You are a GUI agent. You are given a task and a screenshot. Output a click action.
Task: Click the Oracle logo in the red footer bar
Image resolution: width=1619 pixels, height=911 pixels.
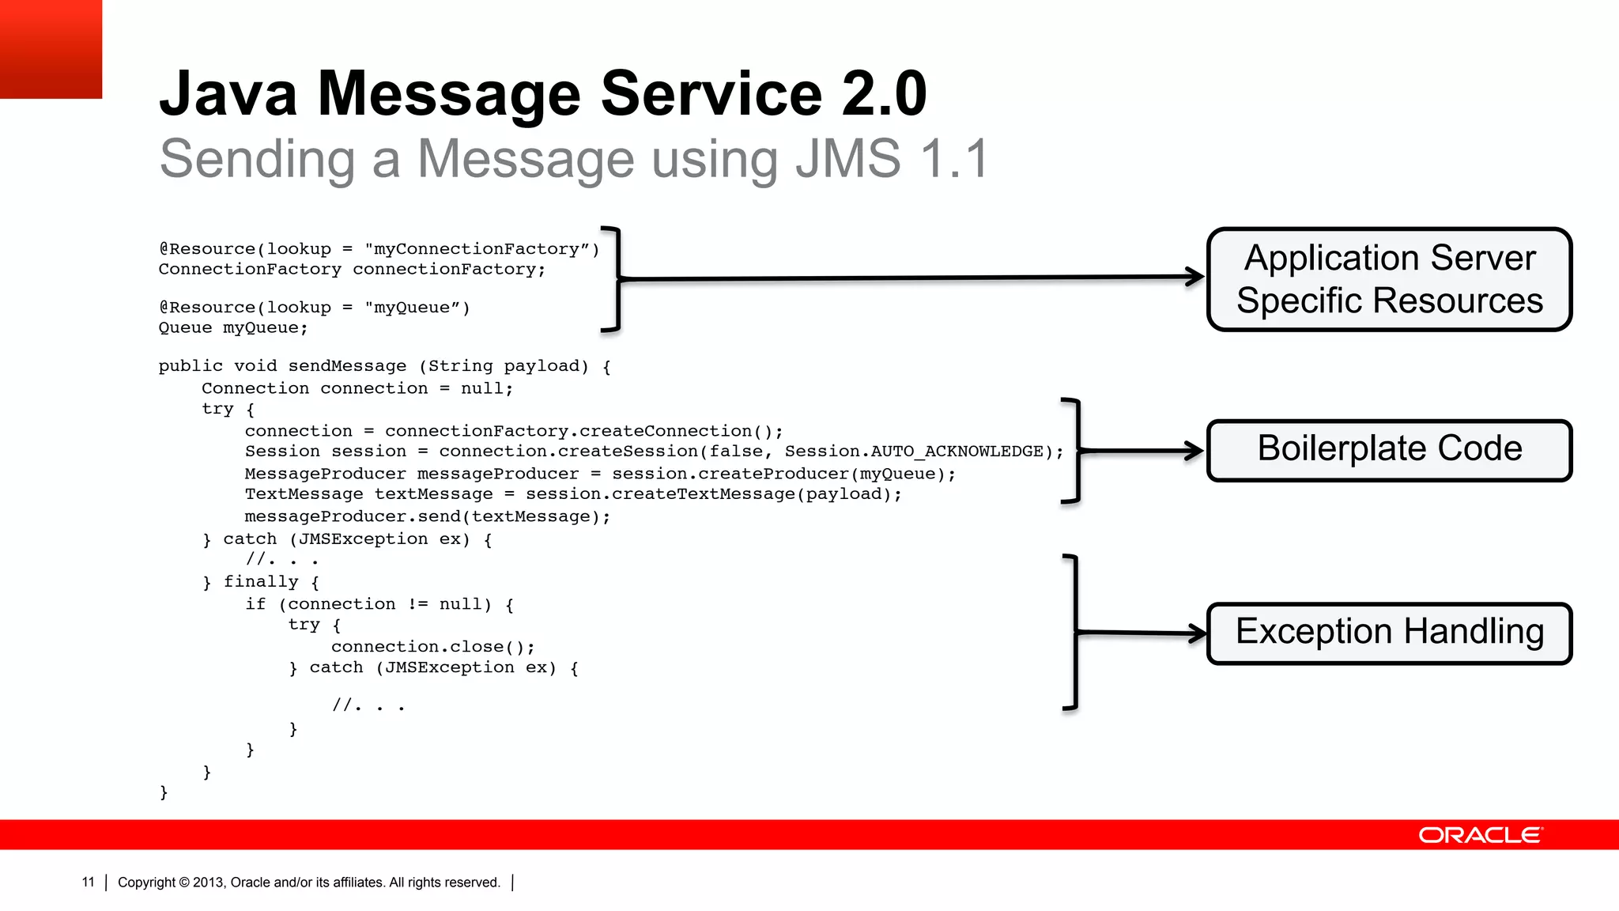(x=1480, y=835)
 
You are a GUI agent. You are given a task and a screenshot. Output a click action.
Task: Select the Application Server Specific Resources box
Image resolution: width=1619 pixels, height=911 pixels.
(x=1389, y=279)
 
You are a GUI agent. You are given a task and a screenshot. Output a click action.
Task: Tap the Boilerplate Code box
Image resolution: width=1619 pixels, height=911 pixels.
(x=1389, y=450)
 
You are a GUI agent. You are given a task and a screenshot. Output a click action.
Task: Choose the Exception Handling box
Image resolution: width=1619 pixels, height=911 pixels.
(x=1389, y=633)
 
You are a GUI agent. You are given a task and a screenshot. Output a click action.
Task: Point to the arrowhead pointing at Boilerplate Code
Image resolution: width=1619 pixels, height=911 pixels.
(x=1194, y=451)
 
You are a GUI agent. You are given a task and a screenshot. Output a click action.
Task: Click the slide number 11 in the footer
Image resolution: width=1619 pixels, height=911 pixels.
(x=88, y=883)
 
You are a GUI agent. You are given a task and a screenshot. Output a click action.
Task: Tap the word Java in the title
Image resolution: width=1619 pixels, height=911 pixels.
(x=228, y=94)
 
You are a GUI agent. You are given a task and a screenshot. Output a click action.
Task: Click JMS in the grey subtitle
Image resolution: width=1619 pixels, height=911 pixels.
(x=847, y=159)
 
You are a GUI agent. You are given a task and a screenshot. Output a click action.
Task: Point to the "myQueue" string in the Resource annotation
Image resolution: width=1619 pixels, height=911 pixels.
(x=417, y=308)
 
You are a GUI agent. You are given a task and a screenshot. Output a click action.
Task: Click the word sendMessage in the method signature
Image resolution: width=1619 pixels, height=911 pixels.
(x=347, y=366)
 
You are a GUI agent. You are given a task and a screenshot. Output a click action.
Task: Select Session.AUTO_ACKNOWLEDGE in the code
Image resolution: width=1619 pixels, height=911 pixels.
(x=914, y=452)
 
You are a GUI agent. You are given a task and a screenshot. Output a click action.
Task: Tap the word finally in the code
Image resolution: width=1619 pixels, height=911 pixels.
(x=261, y=582)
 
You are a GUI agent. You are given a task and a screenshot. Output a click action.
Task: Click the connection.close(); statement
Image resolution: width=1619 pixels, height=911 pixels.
(x=433, y=647)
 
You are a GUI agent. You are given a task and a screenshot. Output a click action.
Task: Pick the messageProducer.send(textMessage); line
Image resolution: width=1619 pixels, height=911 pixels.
(x=427, y=517)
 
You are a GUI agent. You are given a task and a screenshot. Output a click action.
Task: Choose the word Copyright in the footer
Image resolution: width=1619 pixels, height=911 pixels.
(x=146, y=883)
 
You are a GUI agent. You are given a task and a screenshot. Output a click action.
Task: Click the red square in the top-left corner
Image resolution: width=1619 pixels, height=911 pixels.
(x=51, y=49)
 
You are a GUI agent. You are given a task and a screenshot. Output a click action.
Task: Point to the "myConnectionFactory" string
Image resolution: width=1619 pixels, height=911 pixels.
(x=481, y=249)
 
